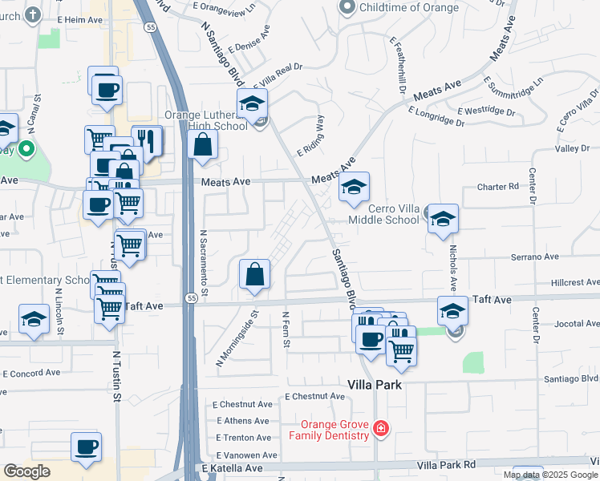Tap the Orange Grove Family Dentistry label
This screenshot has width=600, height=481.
tap(334, 430)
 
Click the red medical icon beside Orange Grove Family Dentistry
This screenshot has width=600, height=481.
tap(380, 430)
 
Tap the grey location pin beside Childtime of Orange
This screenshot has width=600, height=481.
tap(347, 8)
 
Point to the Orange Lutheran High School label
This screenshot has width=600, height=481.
tap(206, 119)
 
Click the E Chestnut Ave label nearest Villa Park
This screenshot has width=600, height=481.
tap(314, 396)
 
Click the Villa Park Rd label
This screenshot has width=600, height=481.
tap(446, 464)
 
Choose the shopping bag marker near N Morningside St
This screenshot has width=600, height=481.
tap(254, 274)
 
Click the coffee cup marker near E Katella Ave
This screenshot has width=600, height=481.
tap(87, 447)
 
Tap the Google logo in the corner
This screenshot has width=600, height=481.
tap(27, 471)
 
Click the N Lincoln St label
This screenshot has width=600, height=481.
tap(60, 314)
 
